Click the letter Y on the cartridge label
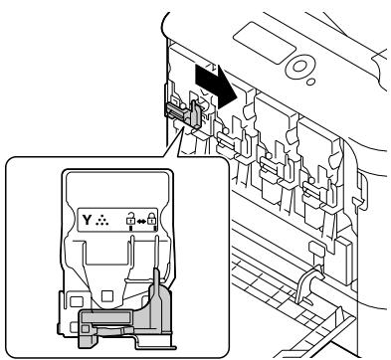click(87, 220)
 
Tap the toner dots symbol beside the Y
click(101, 221)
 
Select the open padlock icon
click(131, 218)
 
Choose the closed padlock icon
click(151, 218)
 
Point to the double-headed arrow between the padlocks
click(141, 221)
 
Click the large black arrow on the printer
click(216, 86)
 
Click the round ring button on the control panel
click(299, 67)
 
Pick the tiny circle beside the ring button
click(310, 82)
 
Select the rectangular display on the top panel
click(265, 43)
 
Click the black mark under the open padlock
click(131, 228)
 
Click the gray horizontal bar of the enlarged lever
click(105, 317)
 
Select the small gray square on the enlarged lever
click(86, 328)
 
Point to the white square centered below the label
click(107, 295)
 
